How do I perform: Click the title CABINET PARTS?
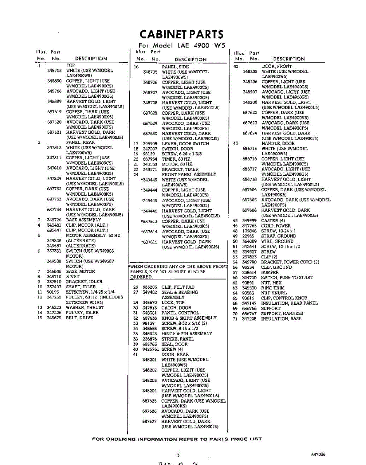[181, 34]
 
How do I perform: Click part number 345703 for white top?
[54, 71]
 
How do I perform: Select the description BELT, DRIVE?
[80, 318]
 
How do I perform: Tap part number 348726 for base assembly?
[54, 220]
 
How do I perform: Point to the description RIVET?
[73, 277]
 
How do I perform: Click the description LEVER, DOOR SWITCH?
[185, 144]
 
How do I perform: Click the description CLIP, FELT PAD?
[178, 287]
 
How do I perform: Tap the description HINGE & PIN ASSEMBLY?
[187, 334]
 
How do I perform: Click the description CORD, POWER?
[276, 226]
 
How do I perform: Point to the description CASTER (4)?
[273, 220]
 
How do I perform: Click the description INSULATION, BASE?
[281, 319]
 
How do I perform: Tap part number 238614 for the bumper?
[250, 272]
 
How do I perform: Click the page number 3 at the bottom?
[178, 455]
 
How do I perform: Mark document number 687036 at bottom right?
[318, 454]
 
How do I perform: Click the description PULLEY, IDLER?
[82, 312]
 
